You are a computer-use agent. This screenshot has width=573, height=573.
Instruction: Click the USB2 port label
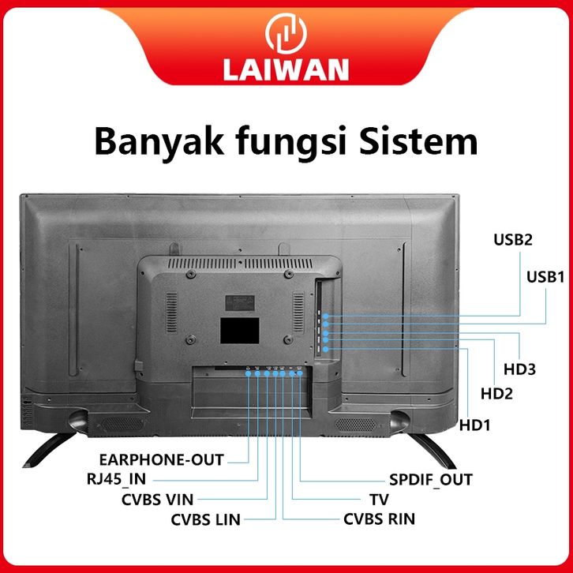[513, 240]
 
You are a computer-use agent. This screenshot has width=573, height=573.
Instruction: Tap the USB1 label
[545, 277]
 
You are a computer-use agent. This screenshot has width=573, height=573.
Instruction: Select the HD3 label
[519, 369]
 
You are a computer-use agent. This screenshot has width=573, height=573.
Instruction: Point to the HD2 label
[496, 394]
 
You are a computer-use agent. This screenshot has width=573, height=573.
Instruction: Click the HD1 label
[474, 425]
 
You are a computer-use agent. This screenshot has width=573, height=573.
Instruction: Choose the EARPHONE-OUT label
[161, 459]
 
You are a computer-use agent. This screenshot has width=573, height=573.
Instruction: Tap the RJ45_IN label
[116, 479]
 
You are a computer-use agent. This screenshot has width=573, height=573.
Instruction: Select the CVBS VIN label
[157, 500]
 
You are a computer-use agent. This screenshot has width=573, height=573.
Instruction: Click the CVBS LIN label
[205, 519]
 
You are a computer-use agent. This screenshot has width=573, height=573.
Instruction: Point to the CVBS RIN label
[379, 519]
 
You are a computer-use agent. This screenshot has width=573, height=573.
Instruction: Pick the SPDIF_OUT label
[430, 480]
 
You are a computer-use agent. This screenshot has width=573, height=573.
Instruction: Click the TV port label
[379, 500]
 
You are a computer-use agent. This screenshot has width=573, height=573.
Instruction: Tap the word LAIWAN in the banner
[286, 69]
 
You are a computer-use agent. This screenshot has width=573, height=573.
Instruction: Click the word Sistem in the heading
[418, 141]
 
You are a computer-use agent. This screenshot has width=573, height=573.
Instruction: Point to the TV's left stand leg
[49, 449]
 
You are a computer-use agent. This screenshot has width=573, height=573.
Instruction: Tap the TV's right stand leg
[433, 450]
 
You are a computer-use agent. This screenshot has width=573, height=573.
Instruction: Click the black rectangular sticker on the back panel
[239, 331]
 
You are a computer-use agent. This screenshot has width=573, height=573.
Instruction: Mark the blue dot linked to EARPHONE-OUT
[248, 373]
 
